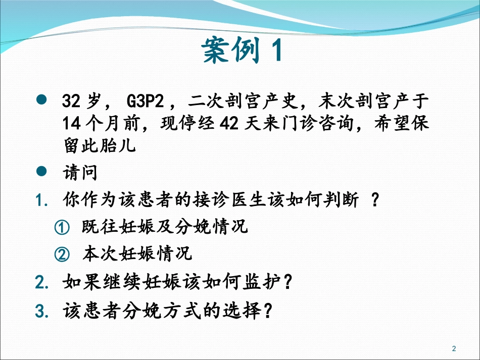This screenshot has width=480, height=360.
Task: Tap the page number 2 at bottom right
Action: (453, 348)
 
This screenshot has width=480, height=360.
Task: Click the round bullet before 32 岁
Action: (42, 99)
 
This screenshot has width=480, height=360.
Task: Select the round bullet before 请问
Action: (42, 172)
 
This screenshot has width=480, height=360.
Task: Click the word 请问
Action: (80, 173)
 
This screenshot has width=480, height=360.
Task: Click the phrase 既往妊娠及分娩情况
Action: (165, 227)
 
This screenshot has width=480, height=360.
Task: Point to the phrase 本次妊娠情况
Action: (137, 253)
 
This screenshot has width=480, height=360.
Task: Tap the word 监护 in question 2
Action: (263, 281)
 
